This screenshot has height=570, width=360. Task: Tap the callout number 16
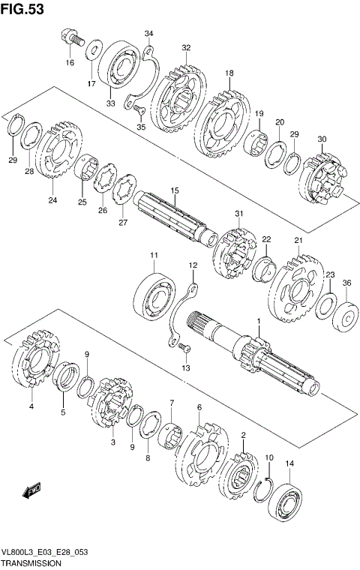coord(70,63)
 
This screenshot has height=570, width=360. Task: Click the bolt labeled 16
coord(67,35)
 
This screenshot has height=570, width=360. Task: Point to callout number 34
coord(149,34)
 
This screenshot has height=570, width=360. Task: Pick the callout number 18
coord(229,73)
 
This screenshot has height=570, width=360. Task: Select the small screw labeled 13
coord(184,347)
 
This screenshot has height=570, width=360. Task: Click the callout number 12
coord(193,265)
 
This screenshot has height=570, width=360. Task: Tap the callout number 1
coord(259,321)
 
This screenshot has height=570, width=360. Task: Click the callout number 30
coord(322,139)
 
